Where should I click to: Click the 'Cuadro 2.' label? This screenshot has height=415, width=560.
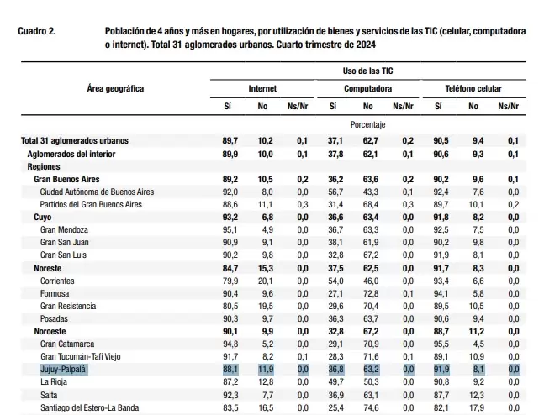[x=37, y=31]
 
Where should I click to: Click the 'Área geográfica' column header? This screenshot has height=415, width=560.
[x=115, y=88]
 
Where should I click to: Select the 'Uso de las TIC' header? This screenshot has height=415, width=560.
[x=367, y=71]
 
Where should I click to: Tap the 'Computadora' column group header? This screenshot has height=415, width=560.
[x=367, y=88]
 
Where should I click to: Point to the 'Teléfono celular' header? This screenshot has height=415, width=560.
[x=473, y=88]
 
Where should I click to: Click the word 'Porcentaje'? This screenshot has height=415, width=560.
[x=367, y=125]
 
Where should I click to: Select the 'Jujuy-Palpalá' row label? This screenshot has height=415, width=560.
[x=63, y=370]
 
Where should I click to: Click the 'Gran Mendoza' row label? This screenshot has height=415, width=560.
[x=64, y=230]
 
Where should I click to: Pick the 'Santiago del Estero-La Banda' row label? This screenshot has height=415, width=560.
[x=90, y=408]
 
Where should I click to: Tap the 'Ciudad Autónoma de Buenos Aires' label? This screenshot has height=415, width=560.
[x=97, y=192]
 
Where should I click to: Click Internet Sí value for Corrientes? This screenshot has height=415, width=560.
[x=230, y=281]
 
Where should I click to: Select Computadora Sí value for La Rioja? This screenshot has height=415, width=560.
[x=335, y=382]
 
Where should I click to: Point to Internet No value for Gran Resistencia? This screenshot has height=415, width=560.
[x=265, y=307]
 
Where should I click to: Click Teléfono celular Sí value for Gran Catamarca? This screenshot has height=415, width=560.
[x=441, y=344]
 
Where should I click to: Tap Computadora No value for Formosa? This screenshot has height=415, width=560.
[x=370, y=294]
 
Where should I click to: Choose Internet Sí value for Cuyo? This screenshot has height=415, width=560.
[x=230, y=218]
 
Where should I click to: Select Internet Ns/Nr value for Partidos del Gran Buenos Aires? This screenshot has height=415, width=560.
[x=303, y=205]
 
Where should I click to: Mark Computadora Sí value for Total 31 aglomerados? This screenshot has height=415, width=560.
[x=335, y=141]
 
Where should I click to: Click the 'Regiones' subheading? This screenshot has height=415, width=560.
[x=44, y=167]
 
